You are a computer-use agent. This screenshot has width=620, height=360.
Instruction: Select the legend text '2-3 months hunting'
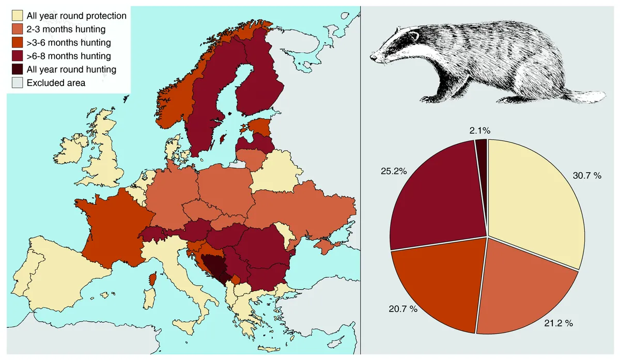(x=66, y=29)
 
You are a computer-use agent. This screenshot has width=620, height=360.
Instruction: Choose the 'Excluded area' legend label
(x=56, y=83)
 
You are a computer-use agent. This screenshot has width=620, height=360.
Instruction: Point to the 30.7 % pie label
(x=587, y=176)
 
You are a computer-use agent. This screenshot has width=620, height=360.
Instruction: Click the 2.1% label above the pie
(x=481, y=131)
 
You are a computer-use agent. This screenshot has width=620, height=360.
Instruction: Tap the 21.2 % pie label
(x=559, y=323)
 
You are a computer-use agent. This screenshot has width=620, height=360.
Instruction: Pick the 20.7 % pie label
(x=402, y=310)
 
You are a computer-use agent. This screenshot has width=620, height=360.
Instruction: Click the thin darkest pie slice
(x=482, y=147)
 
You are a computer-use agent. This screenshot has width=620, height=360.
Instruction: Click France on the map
(x=111, y=227)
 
